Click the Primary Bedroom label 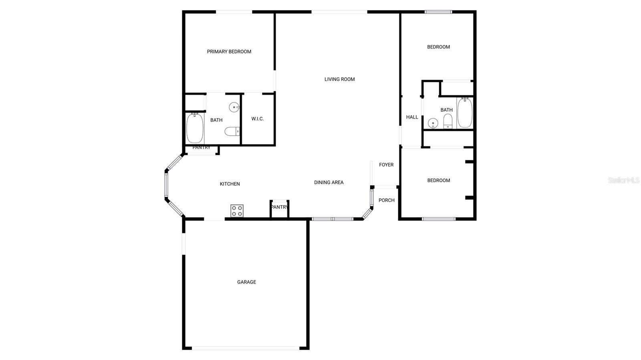click(229, 52)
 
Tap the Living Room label click(339, 79)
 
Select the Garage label click(246, 282)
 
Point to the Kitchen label click(230, 184)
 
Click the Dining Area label click(329, 183)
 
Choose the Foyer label click(386, 165)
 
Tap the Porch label click(387, 200)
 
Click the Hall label click(412, 117)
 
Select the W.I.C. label click(258, 119)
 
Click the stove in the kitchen click(237, 211)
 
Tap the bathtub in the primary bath click(195, 128)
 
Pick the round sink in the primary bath click(234, 107)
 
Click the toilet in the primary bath click(232, 131)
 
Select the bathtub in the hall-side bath click(465, 113)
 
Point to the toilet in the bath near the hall click(448, 121)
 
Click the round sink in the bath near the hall click(433, 123)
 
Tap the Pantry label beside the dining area click(280, 207)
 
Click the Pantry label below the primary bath click(202, 147)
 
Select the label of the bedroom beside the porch click(439, 181)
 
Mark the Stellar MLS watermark click(624, 180)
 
